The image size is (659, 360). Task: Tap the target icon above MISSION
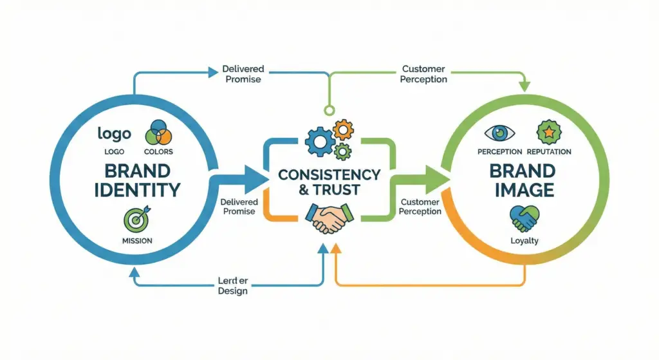coord(136,220)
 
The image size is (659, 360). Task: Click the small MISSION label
coord(136,241)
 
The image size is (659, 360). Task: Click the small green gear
coord(344,152)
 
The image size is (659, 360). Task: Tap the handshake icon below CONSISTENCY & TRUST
coord(329,218)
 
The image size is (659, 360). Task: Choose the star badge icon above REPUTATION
coord(548,133)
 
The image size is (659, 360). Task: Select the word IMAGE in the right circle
coord(523,190)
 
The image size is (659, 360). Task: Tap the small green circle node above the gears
coord(330,109)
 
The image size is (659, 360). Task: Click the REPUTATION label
coord(548,152)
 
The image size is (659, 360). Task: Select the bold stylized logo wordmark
coord(114,133)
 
